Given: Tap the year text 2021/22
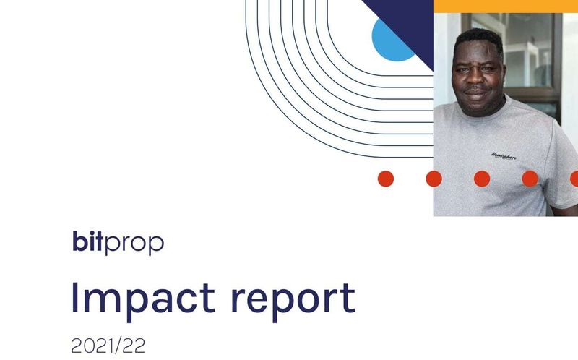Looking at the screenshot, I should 108,346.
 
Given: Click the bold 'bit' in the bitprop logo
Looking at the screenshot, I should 88,241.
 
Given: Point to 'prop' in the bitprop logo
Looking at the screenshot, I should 135,244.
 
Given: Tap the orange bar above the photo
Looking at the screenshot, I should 505,6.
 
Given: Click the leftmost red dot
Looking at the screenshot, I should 386,179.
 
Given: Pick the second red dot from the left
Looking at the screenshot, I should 433,179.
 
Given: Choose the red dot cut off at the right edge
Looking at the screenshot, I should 574,179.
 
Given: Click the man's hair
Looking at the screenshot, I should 476,36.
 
